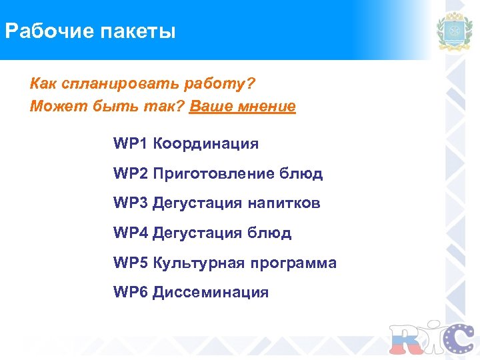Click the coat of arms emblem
coord(455,32)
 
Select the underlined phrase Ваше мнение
coord(243,107)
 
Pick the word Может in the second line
coord(52,107)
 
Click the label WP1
coord(131,143)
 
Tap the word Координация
coord(205,143)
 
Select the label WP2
coord(131,173)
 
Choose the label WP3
coord(131,203)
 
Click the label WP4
coord(131,233)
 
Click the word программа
coord(293,263)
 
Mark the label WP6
coord(131,292)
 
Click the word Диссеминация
coord(211,292)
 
